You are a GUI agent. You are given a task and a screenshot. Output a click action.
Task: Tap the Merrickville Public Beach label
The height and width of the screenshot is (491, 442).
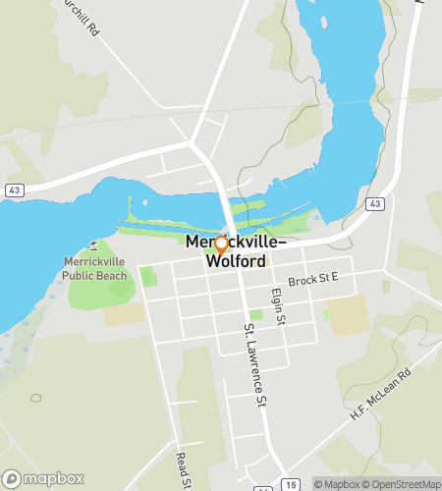click(x=95, y=269)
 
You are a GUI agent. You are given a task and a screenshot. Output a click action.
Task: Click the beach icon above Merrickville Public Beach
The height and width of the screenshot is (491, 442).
click(x=94, y=245)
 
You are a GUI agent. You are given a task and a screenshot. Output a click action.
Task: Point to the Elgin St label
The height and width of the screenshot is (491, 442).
click(x=278, y=305)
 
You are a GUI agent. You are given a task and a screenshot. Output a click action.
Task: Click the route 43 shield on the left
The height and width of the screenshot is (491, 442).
click(x=14, y=189)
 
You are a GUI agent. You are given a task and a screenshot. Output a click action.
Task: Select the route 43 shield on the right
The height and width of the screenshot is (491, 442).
click(x=375, y=203)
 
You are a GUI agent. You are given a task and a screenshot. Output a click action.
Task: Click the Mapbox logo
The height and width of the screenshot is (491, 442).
click(x=42, y=479)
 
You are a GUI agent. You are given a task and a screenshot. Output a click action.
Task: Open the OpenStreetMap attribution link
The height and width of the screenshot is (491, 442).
click(x=403, y=484)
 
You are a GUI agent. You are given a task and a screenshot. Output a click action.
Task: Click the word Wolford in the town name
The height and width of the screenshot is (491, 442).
click(x=236, y=262)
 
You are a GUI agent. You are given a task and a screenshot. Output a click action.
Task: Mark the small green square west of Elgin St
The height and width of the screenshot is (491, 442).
click(x=255, y=314)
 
